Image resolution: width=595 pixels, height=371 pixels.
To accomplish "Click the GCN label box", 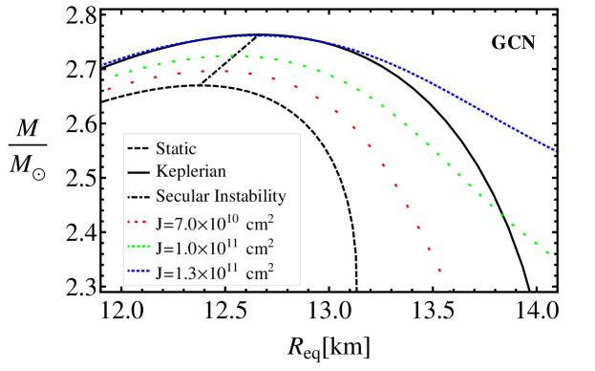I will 514,42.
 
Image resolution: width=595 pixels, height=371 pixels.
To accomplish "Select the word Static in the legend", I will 176,148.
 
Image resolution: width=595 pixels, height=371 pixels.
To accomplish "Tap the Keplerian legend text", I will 191,172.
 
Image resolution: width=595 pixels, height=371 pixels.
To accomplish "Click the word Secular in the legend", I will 182,197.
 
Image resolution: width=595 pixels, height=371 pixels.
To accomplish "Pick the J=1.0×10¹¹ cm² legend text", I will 215,248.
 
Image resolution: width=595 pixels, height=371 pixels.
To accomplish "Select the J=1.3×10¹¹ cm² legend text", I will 215,273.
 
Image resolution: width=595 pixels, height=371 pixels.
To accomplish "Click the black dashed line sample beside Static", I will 136,148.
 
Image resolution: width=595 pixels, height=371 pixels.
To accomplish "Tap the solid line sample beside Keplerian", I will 136,173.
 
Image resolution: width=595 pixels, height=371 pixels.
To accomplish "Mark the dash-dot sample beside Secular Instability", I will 136,198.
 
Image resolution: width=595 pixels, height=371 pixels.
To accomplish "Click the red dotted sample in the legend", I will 136,224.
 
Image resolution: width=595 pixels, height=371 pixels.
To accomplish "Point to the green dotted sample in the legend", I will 136,249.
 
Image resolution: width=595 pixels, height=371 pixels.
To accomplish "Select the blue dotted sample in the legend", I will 136,273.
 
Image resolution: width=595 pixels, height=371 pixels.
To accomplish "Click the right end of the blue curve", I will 555,150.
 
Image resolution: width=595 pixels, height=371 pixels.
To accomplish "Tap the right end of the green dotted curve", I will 548,252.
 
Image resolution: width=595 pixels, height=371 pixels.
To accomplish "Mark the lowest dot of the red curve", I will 449,290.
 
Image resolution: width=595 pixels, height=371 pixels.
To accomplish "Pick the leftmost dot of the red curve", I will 110,89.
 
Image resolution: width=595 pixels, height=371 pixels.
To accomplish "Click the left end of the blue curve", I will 103,65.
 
